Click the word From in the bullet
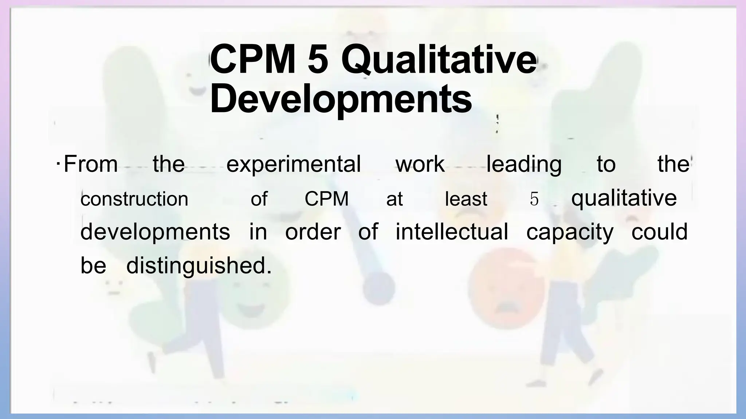click(91, 164)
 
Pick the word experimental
click(293, 164)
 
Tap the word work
click(420, 164)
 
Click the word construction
click(134, 199)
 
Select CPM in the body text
click(326, 199)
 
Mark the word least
click(466, 199)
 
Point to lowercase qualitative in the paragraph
click(624, 199)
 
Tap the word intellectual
click(452, 232)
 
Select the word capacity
click(570, 232)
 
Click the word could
click(659, 232)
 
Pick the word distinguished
click(199, 266)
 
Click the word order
click(313, 232)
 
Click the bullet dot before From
click(58, 163)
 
